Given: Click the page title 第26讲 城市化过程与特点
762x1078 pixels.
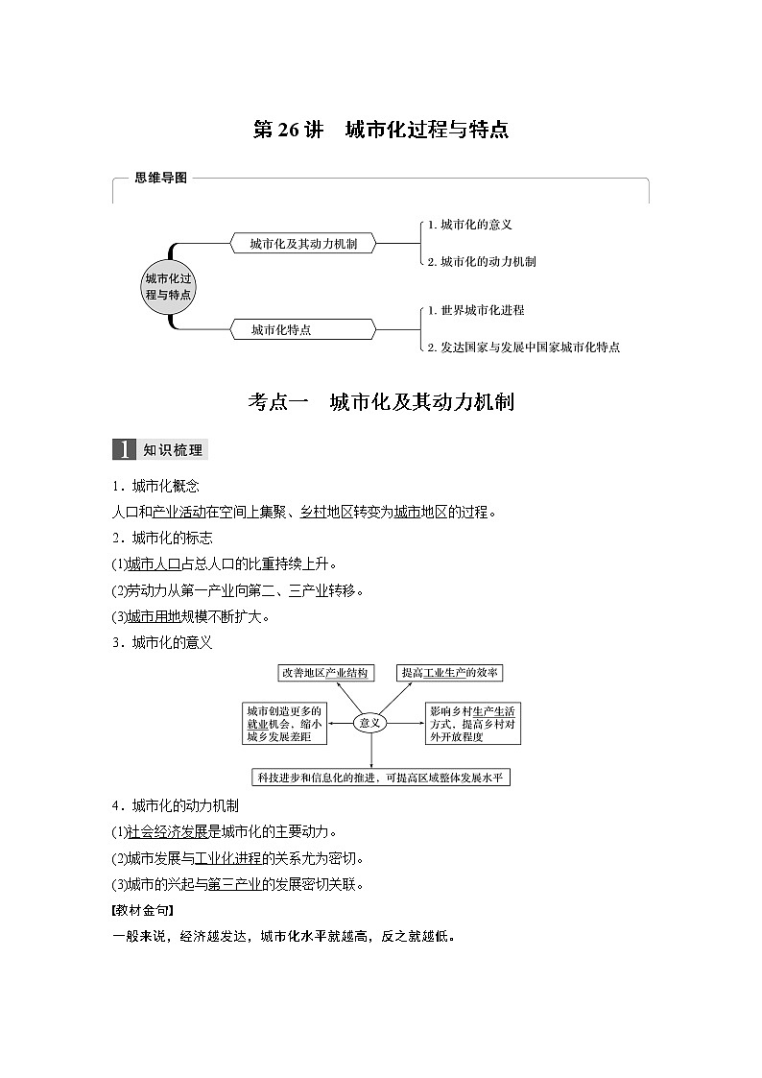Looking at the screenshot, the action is coord(380,131).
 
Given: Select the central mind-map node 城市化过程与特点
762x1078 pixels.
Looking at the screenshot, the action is coord(168,286).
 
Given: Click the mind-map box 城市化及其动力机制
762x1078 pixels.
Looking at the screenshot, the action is coord(303,244).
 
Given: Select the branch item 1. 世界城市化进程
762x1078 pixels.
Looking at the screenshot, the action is coord(476,310).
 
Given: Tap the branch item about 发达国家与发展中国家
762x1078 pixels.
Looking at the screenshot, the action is coord(523,347).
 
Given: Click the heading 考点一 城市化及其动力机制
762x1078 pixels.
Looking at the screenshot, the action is coord(380,402).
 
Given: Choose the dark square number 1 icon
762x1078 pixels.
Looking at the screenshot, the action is coord(125,449).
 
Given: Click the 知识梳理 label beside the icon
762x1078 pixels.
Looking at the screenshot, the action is coord(172,449).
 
